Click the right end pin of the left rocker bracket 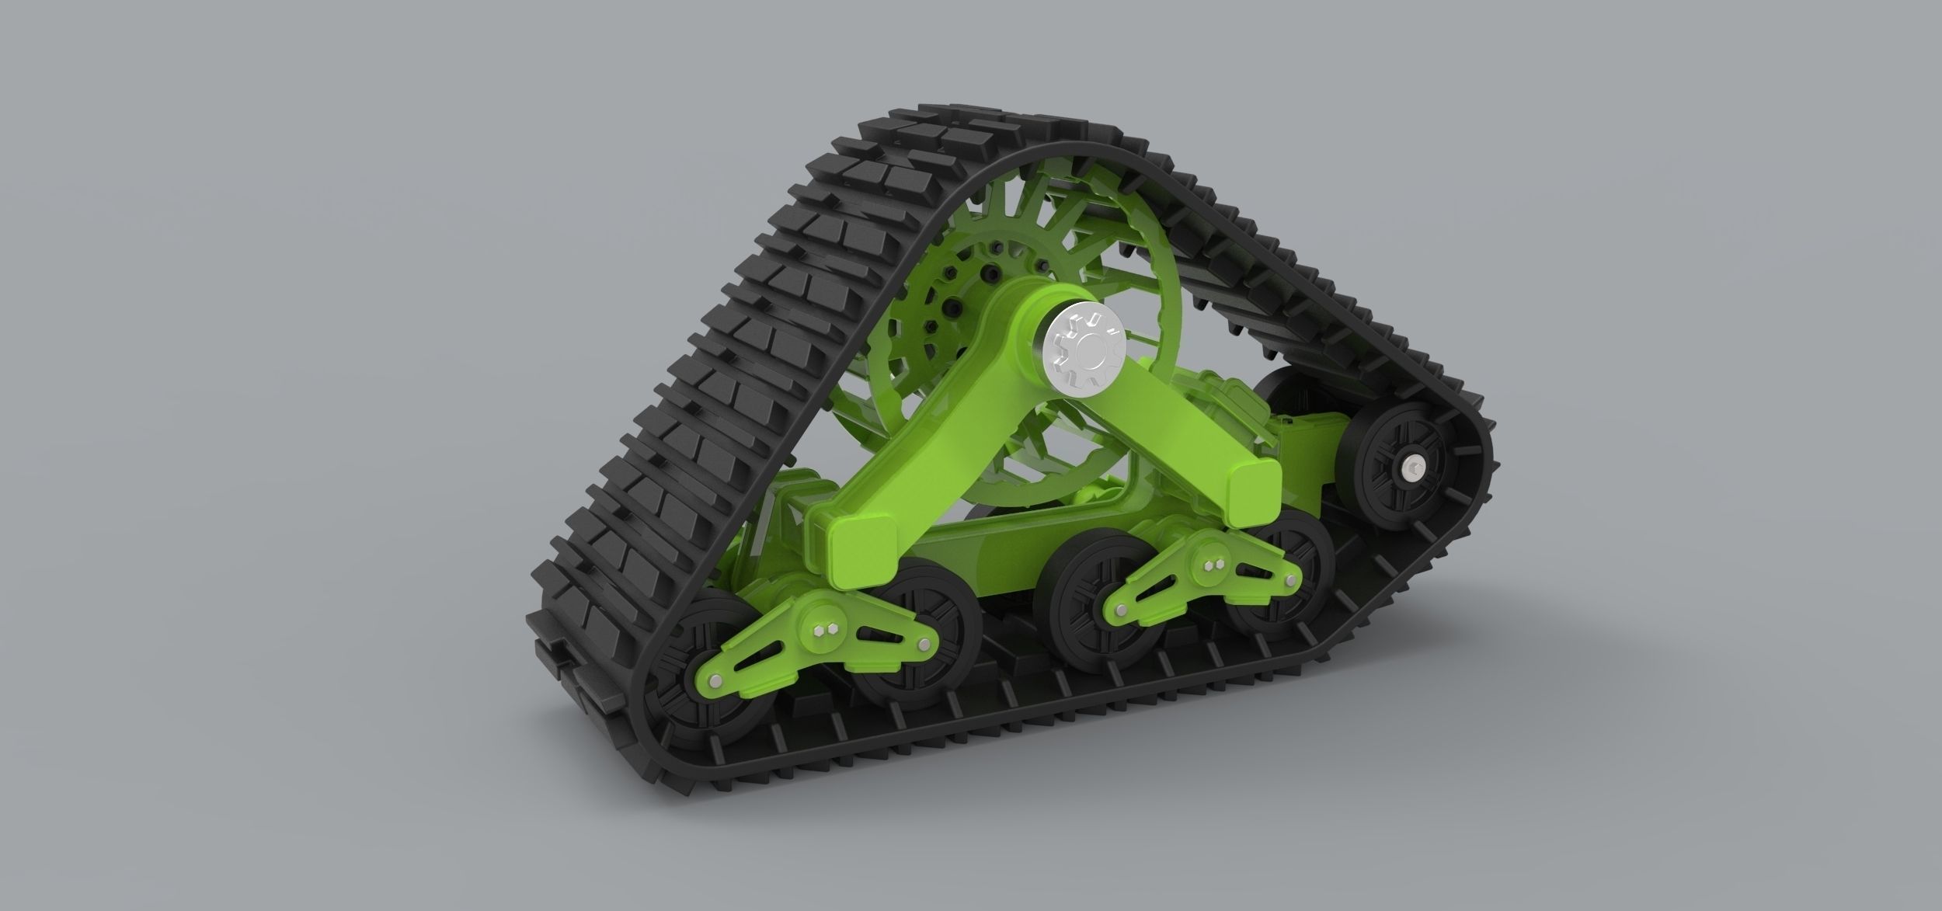click(x=923, y=645)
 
